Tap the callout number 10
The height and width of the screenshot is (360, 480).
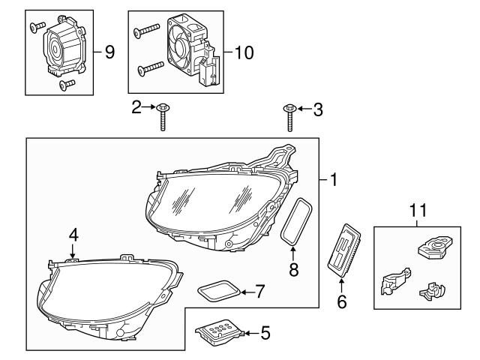[244, 52]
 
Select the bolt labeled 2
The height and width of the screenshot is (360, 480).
[162, 116]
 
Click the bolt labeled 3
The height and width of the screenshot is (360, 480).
[289, 117]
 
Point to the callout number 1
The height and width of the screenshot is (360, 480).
[333, 180]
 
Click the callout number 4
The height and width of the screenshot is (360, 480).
[73, 235]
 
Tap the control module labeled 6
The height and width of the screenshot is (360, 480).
[346, 247]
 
